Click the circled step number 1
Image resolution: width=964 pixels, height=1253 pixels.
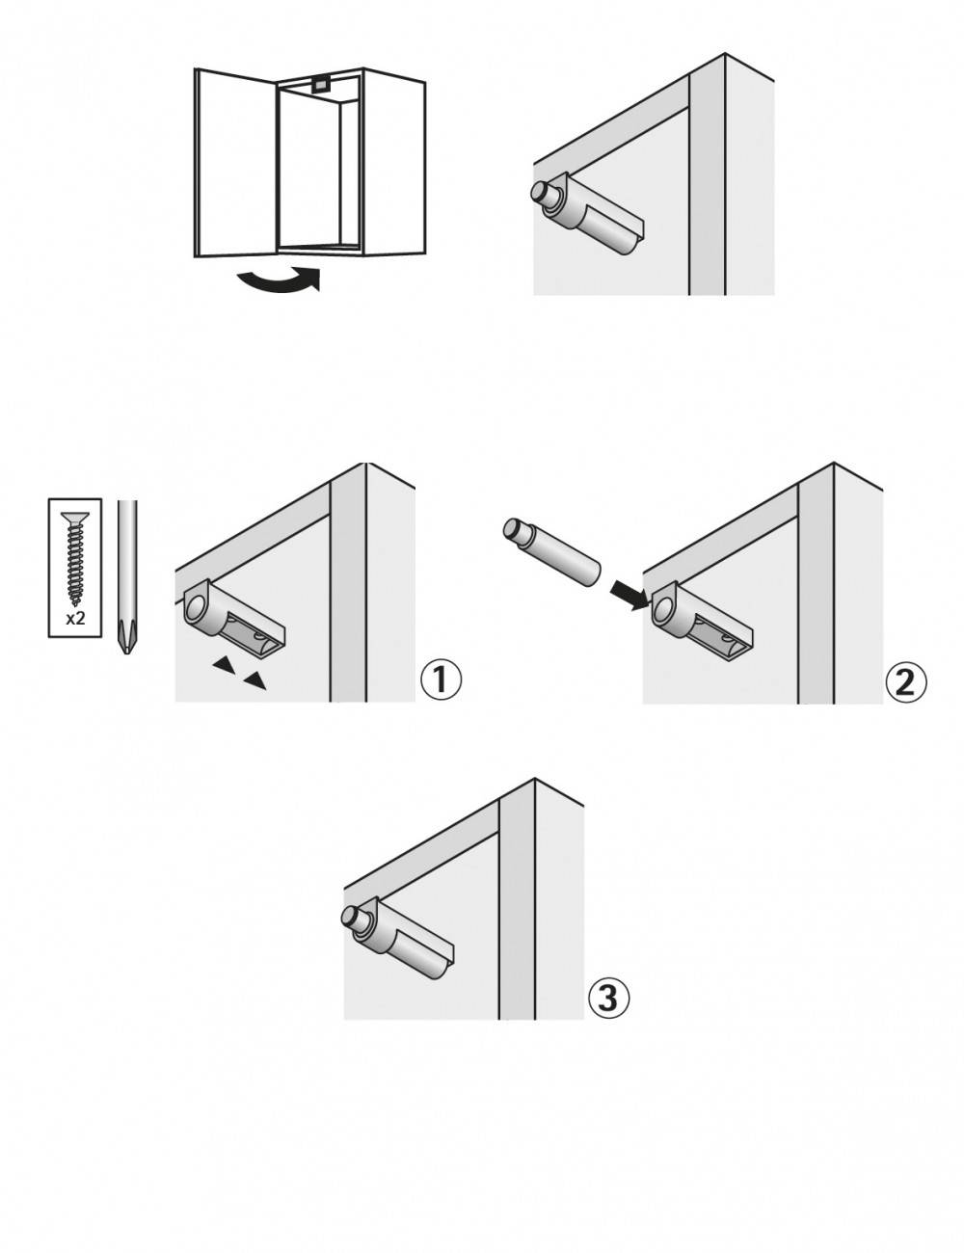pos(442,680)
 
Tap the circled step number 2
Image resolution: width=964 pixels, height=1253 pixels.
pos(906,682)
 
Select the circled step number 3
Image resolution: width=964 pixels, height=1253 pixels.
pos(609,998)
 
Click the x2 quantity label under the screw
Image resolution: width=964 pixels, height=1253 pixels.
pos(75,618)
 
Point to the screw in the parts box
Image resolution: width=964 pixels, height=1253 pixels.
pos(75,556)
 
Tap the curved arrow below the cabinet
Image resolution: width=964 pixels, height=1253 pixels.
pos(279,280)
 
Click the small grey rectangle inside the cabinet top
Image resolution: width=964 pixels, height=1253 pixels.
pos(319,84)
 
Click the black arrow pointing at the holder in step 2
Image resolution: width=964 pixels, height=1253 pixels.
pos(631,596)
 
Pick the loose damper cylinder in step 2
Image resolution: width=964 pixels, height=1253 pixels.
pos(552,553)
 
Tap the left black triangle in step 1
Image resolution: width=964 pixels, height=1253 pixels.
pos(224,664)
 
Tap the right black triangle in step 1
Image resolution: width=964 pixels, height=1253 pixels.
pos(254,681)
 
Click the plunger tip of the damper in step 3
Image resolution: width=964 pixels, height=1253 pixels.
pos(352,917)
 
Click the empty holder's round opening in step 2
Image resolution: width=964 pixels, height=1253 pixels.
pos(665,608)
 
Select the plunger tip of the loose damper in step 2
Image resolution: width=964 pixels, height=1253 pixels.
pos(513,528)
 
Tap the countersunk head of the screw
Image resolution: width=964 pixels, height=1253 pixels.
pos(75,518)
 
